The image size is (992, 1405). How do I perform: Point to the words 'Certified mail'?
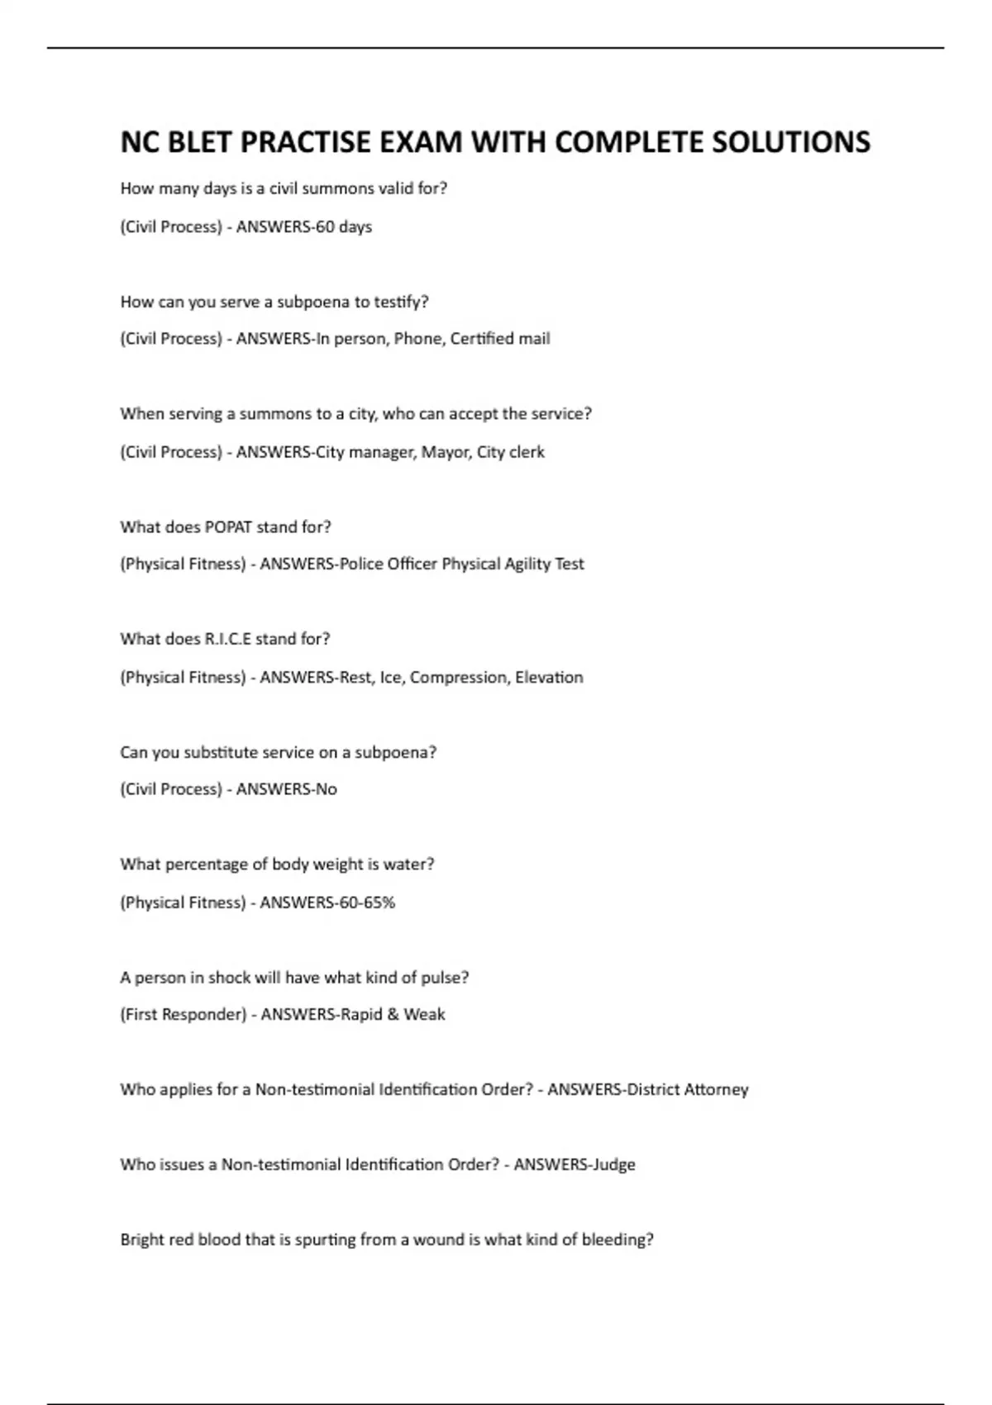[500, 338]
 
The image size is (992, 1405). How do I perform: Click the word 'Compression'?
[459, 677]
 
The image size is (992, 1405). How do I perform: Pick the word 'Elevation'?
[549, 677]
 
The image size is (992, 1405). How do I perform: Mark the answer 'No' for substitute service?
[327, 789]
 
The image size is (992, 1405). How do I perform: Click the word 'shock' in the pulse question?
[229, 978]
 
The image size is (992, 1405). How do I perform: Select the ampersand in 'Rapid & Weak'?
[393, 1014]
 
